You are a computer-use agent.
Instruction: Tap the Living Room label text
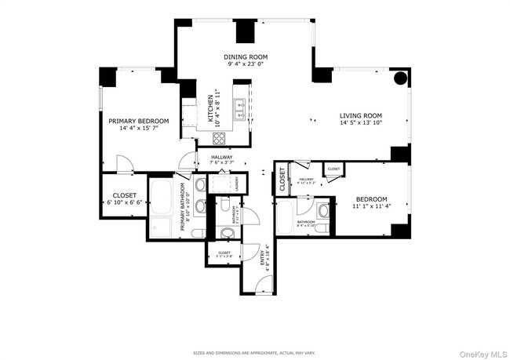click(360, 118)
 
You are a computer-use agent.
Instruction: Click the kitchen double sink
click(239, 109)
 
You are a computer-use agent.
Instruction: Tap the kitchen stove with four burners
click(219, 139)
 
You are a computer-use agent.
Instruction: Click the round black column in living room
click(400, 78)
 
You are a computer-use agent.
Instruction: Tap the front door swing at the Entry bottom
click(265, 286)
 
